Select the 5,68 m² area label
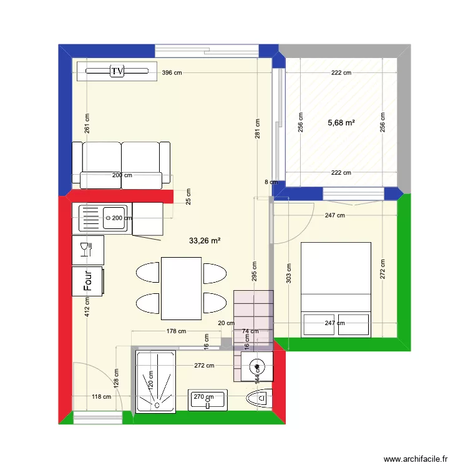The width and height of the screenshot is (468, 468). click(x=341, y=123)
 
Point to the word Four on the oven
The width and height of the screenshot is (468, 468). click(x=88, y=280)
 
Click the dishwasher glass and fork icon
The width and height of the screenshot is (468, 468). click(x=87, y=249)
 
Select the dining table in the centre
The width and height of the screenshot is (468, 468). click(x=181, y=288)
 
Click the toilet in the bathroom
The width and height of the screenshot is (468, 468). click(x=260, y=397)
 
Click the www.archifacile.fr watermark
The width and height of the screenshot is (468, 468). click(x=416, y=459)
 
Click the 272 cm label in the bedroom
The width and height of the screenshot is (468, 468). click(x=383, y=268)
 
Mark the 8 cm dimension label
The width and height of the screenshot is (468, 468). click(x=271, y=182)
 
